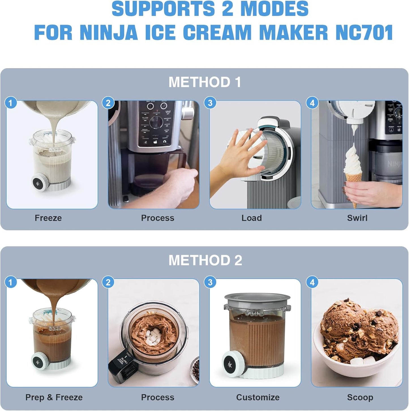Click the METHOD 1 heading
205,82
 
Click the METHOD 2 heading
205,260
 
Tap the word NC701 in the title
364,33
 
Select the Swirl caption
357,218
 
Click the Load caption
251,218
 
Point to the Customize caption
258,397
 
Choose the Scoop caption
360,397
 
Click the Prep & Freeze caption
54,397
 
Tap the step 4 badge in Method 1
312,103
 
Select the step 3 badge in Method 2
210,282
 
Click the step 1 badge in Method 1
11,103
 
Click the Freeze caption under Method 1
48,218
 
